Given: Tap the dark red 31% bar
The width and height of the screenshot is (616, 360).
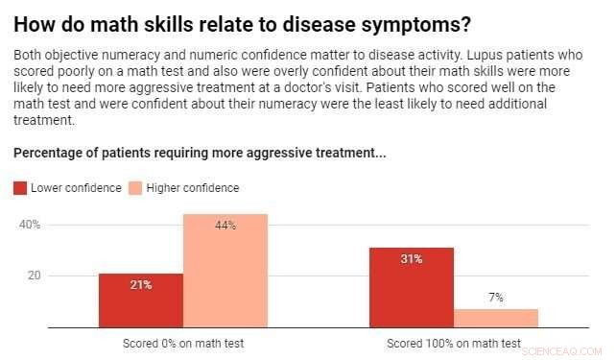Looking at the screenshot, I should tap(411, 287).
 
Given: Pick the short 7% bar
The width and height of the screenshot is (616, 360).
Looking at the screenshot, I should tap(495, 318).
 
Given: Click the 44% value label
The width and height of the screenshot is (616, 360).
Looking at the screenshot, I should tap(225, 226).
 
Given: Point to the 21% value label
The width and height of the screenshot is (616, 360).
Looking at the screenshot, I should tap(140, 285).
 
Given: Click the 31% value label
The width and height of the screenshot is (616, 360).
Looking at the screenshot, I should tap(411, 259).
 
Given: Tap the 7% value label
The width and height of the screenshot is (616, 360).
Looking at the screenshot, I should tap(496, 298).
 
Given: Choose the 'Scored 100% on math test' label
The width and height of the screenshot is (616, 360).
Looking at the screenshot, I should tap(454, 343).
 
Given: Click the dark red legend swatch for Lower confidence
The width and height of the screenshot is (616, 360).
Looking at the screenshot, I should tap(20, 188).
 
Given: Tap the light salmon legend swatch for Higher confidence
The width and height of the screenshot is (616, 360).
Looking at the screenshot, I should tap(135, 188).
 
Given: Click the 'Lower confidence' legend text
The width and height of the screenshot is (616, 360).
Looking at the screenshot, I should tap(76, 188).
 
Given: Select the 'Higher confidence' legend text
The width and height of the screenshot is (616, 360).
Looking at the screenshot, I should tap(193, 188).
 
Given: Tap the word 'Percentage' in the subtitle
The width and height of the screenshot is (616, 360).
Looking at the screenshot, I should tap(48, 154).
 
